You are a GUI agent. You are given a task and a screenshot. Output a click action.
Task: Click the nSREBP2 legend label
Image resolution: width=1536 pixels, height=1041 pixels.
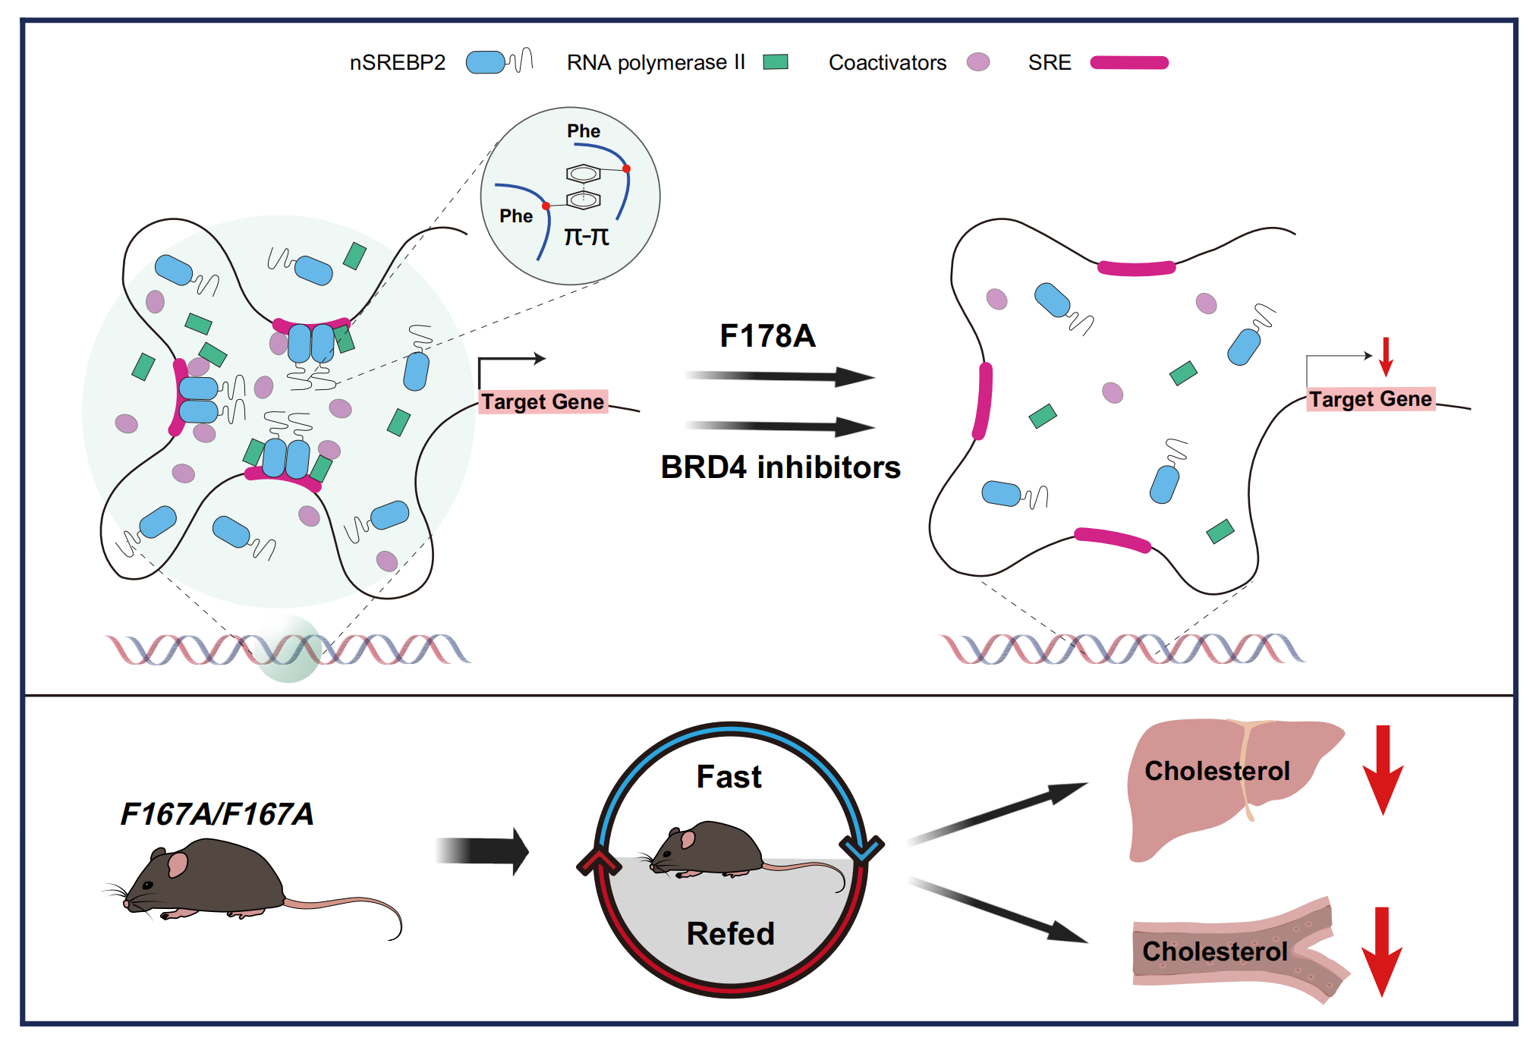[397, 62]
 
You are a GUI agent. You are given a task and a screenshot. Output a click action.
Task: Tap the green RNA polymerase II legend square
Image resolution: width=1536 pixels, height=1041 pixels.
[775, 61]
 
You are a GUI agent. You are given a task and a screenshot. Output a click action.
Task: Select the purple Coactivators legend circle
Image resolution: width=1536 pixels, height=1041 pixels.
[977, 61]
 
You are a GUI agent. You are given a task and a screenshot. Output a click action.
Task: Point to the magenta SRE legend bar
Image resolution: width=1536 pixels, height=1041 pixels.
[1128, 62]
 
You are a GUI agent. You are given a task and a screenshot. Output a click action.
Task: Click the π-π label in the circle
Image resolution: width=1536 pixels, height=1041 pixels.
[586, 237]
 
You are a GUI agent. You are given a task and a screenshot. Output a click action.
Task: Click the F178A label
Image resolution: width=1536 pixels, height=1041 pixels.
[767, 335]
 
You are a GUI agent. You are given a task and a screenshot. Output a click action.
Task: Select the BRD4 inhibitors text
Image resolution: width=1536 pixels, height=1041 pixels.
[780, 467]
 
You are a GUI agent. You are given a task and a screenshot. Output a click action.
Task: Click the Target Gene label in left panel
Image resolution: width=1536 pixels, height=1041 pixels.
[543, 401]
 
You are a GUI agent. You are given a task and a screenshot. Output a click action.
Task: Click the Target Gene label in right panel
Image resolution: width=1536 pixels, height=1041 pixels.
[1370, 399]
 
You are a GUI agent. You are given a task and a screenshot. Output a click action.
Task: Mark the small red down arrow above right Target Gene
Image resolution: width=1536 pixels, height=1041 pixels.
[1386, 357]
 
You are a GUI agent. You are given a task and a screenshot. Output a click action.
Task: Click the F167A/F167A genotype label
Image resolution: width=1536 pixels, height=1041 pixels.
[217, 814]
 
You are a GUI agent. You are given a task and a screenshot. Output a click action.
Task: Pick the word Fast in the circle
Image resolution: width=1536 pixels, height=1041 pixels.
[729, 777]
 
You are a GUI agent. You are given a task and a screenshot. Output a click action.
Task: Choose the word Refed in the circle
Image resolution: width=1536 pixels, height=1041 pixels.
[730, 933]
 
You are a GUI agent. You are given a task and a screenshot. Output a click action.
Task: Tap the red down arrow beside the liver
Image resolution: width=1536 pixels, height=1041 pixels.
[1383, 769]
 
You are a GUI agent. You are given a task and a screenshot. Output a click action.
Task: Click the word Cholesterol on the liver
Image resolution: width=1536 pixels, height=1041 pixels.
[1217, 771]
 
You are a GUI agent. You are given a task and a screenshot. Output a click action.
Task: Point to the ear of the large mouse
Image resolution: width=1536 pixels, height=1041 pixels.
[178, 864]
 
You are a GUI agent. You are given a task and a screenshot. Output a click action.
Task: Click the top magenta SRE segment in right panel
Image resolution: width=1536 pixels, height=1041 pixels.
[1136, 268]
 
